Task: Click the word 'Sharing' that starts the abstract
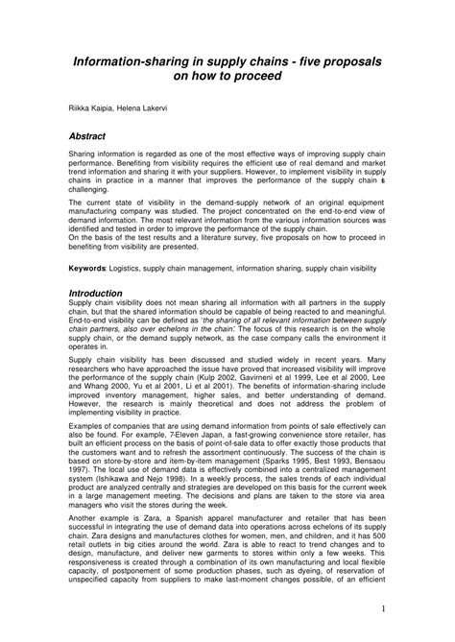[84, 155]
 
